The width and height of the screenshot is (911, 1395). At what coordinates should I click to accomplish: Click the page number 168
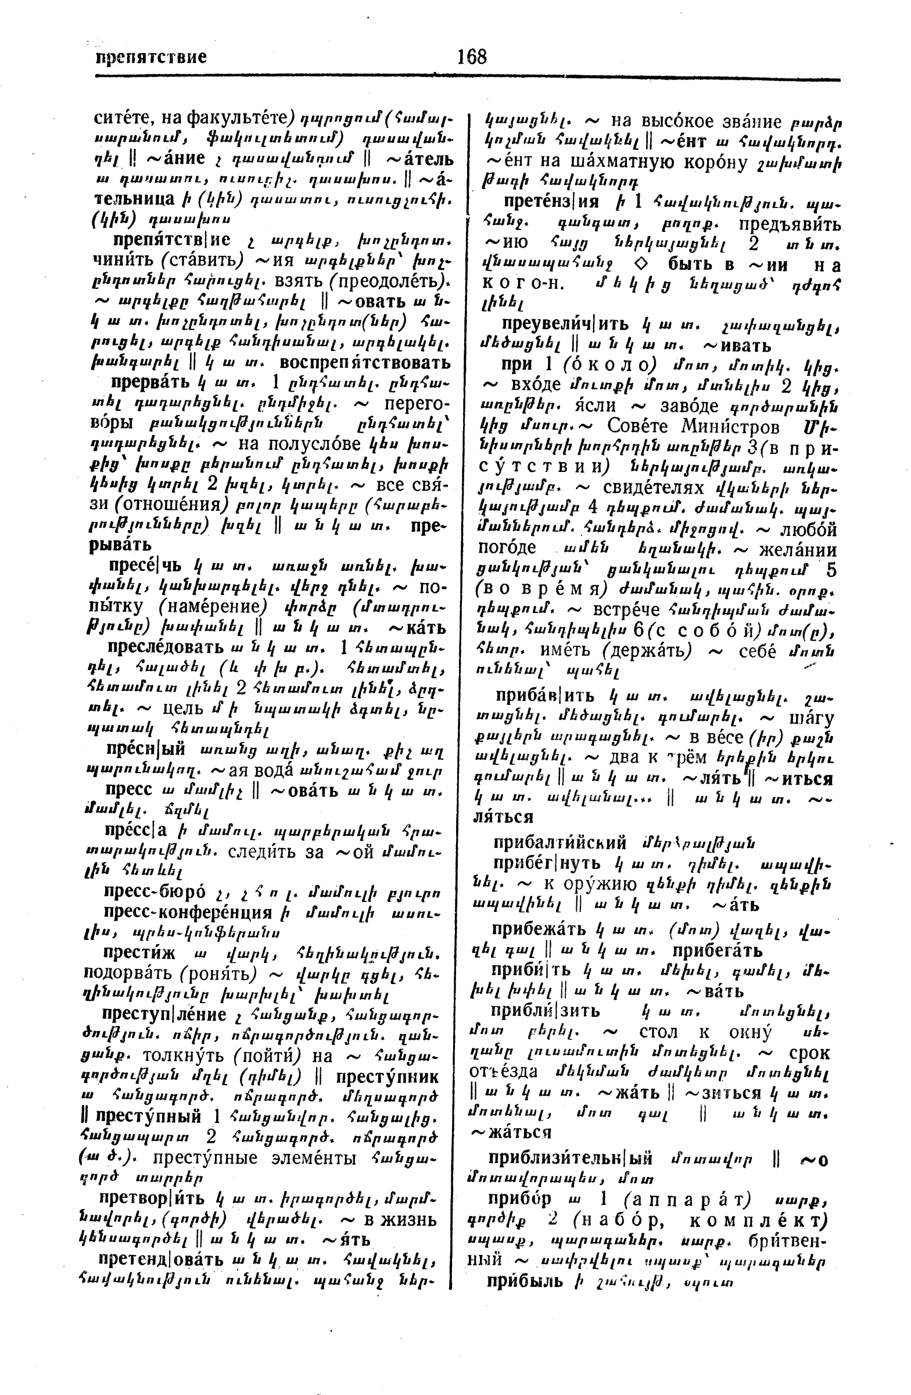(472, 57)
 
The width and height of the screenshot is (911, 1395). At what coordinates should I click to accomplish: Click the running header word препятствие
(151, 58)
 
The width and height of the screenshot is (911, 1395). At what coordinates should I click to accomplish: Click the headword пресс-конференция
(188, 913)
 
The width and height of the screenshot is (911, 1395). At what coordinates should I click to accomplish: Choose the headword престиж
(139, 954)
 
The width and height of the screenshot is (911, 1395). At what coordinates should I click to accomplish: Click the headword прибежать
(540, 929)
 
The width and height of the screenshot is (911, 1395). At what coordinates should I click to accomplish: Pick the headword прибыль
(524, 1280)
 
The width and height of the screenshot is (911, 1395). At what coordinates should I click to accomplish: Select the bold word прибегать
(717, 950)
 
